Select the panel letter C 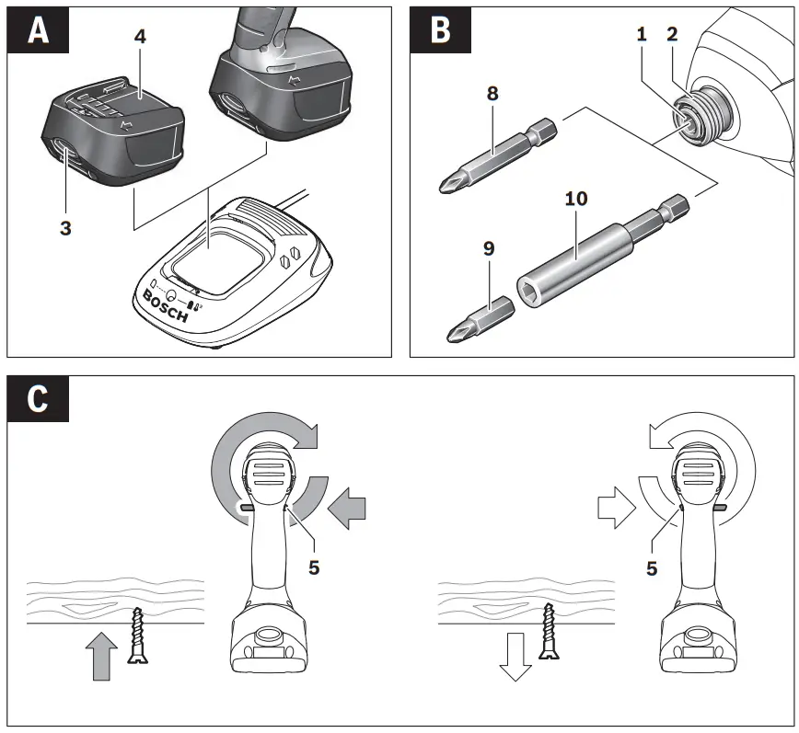(38, 402)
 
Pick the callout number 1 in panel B (641, 34)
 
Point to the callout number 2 (672, 34)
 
